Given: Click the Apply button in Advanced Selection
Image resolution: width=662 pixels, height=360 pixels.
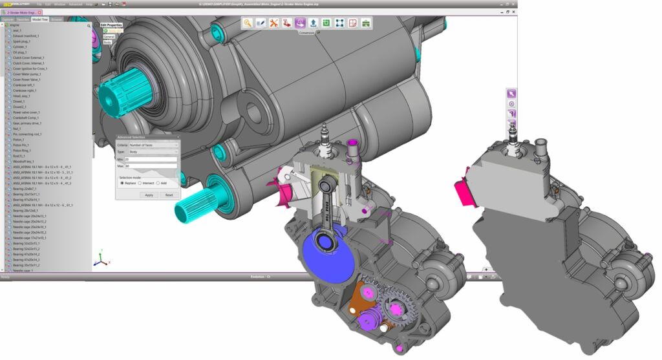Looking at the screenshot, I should click(x=149, y=195).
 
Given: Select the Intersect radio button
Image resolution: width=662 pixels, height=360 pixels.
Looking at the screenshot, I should click(x=140, y=183).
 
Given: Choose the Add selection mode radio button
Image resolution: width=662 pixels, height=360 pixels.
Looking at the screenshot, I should click(x=158, y=183).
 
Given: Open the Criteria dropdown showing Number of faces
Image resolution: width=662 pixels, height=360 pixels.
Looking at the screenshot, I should click(x=153, y=145).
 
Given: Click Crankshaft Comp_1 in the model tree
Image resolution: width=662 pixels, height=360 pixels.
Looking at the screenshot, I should click(x=26, y=118).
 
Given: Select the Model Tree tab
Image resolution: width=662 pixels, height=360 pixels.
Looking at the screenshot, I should click(x=40, y=19).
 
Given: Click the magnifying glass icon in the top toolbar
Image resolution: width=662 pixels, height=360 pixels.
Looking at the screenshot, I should click(x=247, y=23).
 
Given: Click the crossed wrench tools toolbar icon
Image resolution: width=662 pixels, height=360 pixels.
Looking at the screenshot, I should click(x=273, y=23).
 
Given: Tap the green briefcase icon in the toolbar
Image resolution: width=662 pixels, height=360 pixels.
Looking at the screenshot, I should click(x=366, y=23).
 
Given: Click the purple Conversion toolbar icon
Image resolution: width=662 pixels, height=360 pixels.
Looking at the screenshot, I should click(x=300, y=23).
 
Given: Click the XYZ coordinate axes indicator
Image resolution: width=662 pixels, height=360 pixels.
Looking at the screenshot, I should click(x=100, y=259).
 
